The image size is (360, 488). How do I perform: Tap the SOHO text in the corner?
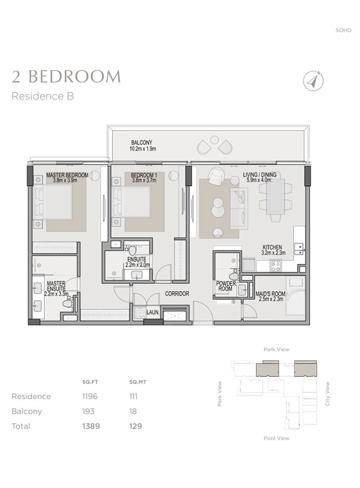[x=343, y=30]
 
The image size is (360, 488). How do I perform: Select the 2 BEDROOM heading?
[x=66, y=76]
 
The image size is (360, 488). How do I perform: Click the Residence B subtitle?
[x=42, y=96]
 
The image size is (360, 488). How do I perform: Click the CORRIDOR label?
[x=177, y=294]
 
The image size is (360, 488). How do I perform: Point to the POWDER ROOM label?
[x=226, y=286]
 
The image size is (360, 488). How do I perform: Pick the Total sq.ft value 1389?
[x=91, y=426]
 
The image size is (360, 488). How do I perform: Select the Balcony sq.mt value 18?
[x=133, y=411]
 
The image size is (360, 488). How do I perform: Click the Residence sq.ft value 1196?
[x=90, y=396]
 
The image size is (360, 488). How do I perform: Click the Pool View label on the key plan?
[x=276, y=438]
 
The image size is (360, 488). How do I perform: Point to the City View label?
[x=328, y=393]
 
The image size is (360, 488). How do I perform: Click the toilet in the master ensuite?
[x=67, y=303]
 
